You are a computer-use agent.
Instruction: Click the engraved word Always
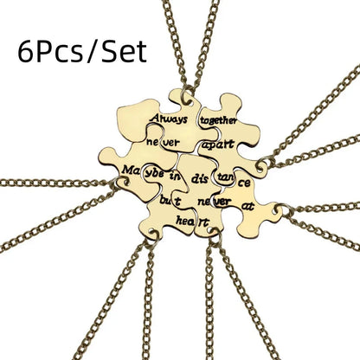(169, 119)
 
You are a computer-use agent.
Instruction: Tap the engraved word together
(218, 120)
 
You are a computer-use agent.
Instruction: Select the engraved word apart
(218, 145)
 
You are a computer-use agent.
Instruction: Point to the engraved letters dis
(200, 179)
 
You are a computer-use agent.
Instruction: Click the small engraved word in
(175, 176)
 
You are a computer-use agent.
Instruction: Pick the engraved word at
(248, 206)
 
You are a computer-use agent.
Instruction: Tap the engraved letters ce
(244, 183)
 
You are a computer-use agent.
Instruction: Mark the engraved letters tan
(225, 177)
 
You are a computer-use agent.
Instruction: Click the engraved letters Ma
(131, 170)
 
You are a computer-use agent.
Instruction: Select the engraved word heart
(192, 222)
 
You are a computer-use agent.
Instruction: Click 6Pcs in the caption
(50, 52)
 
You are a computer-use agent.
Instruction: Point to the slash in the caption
(92, 52)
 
